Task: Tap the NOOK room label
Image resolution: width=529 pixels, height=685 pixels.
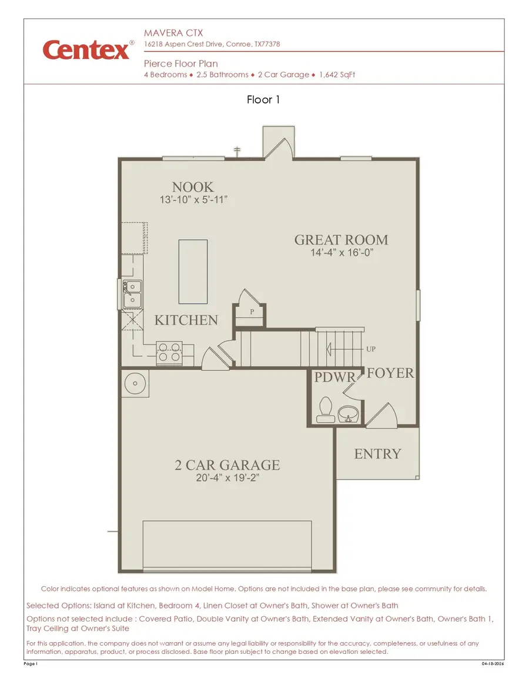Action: pyautogui.click(x=193, y=187)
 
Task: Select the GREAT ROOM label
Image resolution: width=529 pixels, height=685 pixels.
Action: pyautogui.click(x=341, y=240)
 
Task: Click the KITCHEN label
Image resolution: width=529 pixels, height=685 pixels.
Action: pyautogui.click(x=186, y=320)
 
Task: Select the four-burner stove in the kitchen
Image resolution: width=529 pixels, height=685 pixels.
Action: pyautogui.click(x=169, y=352)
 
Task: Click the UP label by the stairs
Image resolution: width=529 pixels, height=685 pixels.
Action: pyautogui.click(x=371, y=349)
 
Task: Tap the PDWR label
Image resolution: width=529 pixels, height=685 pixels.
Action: pyautogui.click(x=334, y=377)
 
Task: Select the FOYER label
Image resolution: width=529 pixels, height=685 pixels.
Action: pyautogui.click(x=390, y=373)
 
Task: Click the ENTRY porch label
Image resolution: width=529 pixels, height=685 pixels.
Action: pyautogui.click(x=377, y=454)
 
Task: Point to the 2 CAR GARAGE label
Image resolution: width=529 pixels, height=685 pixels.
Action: pyautogui.click(x=227, y=465)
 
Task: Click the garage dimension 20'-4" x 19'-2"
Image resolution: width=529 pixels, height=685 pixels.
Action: pyautogui.click(x=227, y=479)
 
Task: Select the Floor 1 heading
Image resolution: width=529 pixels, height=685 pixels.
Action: pyautogui.click(x=263, y=100)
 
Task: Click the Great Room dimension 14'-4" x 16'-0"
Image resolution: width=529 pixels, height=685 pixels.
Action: pyautogui.click(x=342, y=253)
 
